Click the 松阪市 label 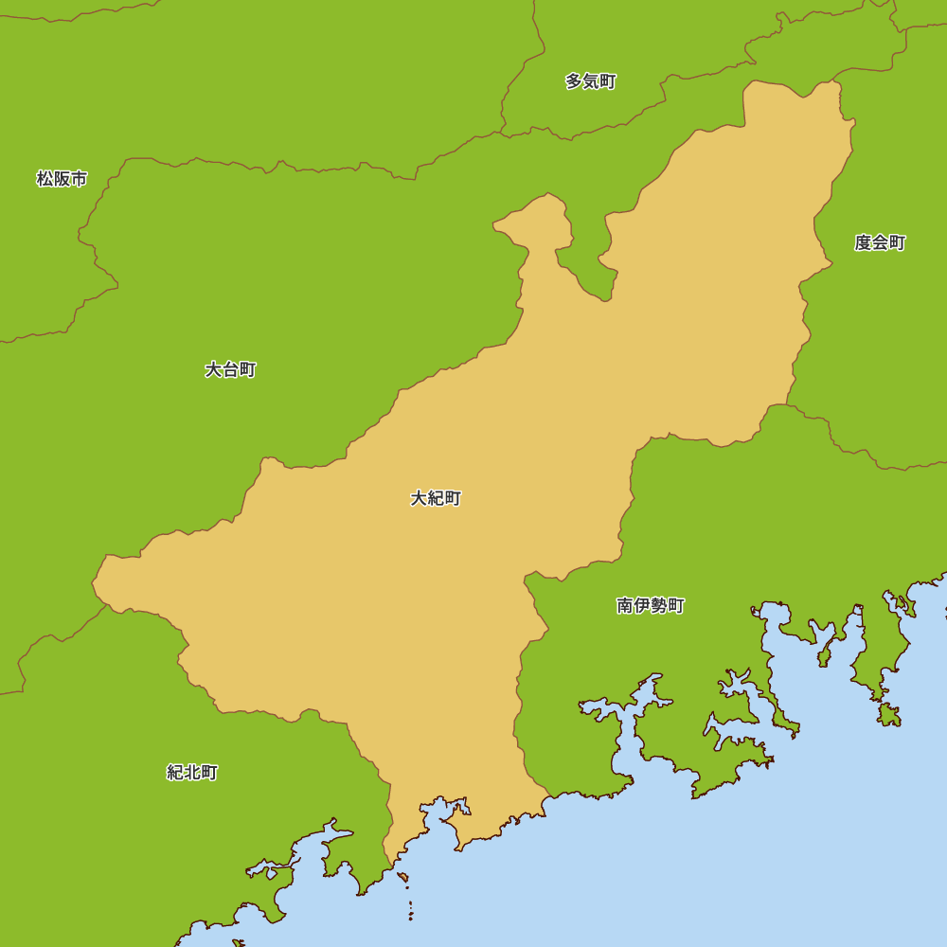tap(62, 179)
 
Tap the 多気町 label tap(591, 81)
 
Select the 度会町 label tap(880, 243)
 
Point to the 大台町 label tap(230, 369)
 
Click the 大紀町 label tap(436, 498)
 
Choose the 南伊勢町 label tap(651, 606)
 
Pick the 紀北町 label tap(192, 773)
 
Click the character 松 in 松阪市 tap(45, 179)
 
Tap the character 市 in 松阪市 tap(79, 179)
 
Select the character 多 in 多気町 tap(574, 81)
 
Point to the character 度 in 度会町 tap(863, 243)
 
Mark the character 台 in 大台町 tap(230, 369)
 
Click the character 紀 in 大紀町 tap(436, 498)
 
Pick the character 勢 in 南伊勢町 tap(659, 606)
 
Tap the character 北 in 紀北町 tap(192, 773)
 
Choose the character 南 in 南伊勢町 tap(625, 606)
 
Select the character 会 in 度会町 tap(880, 243)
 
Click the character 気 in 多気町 tap(591, 81)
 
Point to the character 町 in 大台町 tap(247, 369)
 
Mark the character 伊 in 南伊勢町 tap(642, 606)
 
